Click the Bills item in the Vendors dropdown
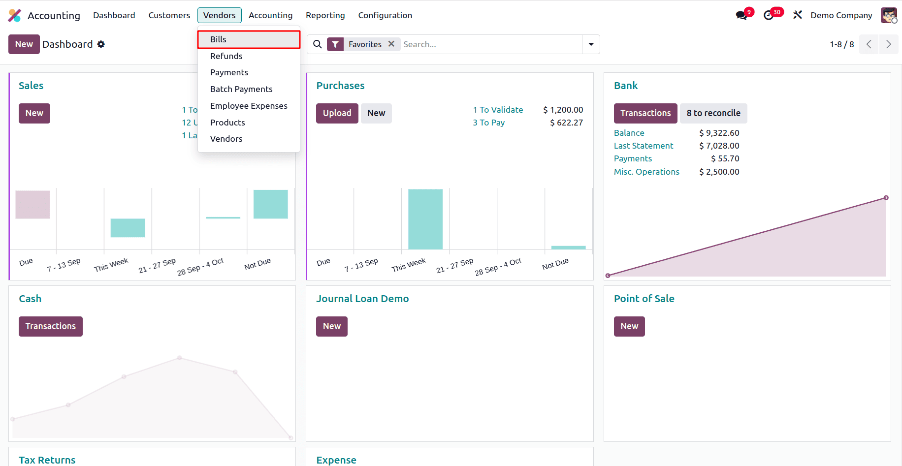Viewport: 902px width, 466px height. click(218, 39)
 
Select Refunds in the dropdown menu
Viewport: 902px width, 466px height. click(226, 56)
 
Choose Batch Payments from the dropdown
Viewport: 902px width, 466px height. click(241, 89)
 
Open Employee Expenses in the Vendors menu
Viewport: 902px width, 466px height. click(248, 106)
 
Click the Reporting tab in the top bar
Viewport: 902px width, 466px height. click(325, 15)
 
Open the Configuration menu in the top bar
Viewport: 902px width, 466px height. click(385, 15)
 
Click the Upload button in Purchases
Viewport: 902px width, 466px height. click(337, 113)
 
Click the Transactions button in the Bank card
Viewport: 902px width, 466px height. click(645, 113)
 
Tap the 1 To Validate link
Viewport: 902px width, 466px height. click(498, 110)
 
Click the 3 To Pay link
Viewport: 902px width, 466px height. click(488, 123)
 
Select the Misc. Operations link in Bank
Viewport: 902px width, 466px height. click(646, 172)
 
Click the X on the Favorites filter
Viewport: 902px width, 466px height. click(391, 44)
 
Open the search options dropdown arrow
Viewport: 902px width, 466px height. click(591, 44)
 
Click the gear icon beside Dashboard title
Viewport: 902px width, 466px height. click(101, 44)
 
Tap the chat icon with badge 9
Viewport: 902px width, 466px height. click(741, 15)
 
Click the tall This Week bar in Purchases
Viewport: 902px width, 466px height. click(425, 219)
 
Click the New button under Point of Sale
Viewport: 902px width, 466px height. click(629, 326)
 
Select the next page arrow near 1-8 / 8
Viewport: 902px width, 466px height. click(888, 44)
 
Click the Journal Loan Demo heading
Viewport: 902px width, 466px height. click(362, 299)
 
